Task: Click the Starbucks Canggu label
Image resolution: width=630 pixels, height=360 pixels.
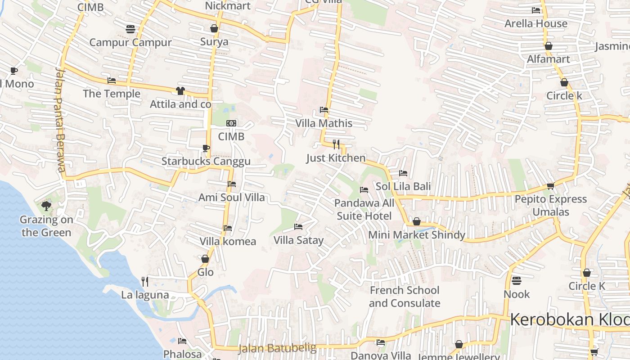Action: pyautogui.click(x=206, y=161)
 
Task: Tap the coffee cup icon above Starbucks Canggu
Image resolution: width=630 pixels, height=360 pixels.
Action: pyautogui.click(x=206, y=148)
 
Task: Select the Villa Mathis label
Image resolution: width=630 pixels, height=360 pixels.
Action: pyautogui.click(x=324, y=123)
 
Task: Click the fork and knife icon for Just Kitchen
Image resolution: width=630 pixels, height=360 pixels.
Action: pyautogui.click(x=336, y=144)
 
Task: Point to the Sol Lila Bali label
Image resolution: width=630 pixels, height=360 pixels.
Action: pyautogui.click(x=403, y=186)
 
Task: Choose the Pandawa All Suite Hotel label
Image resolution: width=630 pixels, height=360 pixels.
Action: pyautogui.click(x=364, y=209)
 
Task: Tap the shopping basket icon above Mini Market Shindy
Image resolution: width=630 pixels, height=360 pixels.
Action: pyautogui.click(x=417, y=221)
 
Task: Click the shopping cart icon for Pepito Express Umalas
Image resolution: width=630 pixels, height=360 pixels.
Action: pyautogui.click(x=550, y=186)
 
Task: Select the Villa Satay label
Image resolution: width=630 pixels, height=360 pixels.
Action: pyautogui.click(x=298, y=240)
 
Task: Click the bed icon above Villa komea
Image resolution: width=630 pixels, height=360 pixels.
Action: pyautogui.click(x=228, y=228)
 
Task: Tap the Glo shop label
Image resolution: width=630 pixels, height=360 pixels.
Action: pyautogui.click(x=205, y=272)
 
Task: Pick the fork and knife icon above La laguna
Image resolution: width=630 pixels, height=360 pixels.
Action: pyautogui.click(x=145, y=282)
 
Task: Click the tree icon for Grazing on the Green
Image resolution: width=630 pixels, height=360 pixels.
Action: pyautogui.click(x=46, y=206)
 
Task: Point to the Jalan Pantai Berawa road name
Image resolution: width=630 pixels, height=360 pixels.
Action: pyautogui.click(x=60, y=120)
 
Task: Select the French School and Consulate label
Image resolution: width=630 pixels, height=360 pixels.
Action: pyautogui.click(x=404, y=297)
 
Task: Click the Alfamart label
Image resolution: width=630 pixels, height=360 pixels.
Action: pyautogui.click(x=548, y=59)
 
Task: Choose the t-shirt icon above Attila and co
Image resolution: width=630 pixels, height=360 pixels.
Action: pyautogui.click(x=180, y=91)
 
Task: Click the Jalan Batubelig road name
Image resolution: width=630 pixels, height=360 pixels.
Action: pyautogui.click(x=277, y=348)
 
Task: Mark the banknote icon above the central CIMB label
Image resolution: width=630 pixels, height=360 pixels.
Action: pyautogui.click(x=231, y=123)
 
